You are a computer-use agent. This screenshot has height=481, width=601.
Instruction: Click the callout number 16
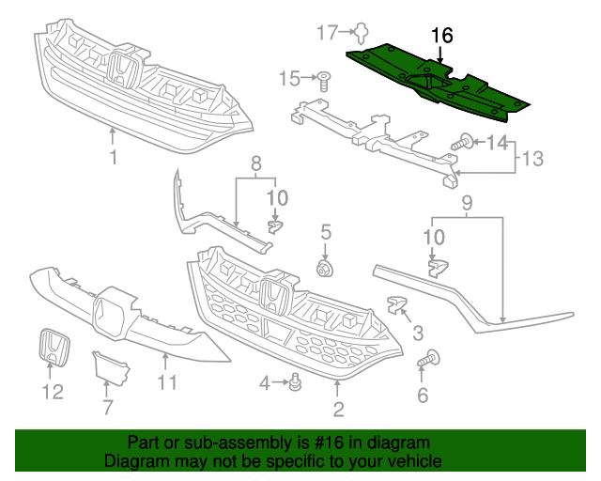441,36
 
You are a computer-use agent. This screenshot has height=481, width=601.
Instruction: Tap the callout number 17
327,33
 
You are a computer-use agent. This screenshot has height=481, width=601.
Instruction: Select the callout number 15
290,77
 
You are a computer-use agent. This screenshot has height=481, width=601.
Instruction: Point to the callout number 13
532,159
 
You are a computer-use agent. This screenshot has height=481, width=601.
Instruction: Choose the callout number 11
166,381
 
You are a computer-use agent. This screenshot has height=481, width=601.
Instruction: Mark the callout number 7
107,407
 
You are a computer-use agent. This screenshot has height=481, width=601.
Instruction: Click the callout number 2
338,409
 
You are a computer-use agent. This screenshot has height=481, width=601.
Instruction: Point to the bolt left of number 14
462,144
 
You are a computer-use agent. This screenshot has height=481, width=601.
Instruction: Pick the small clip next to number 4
297,382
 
